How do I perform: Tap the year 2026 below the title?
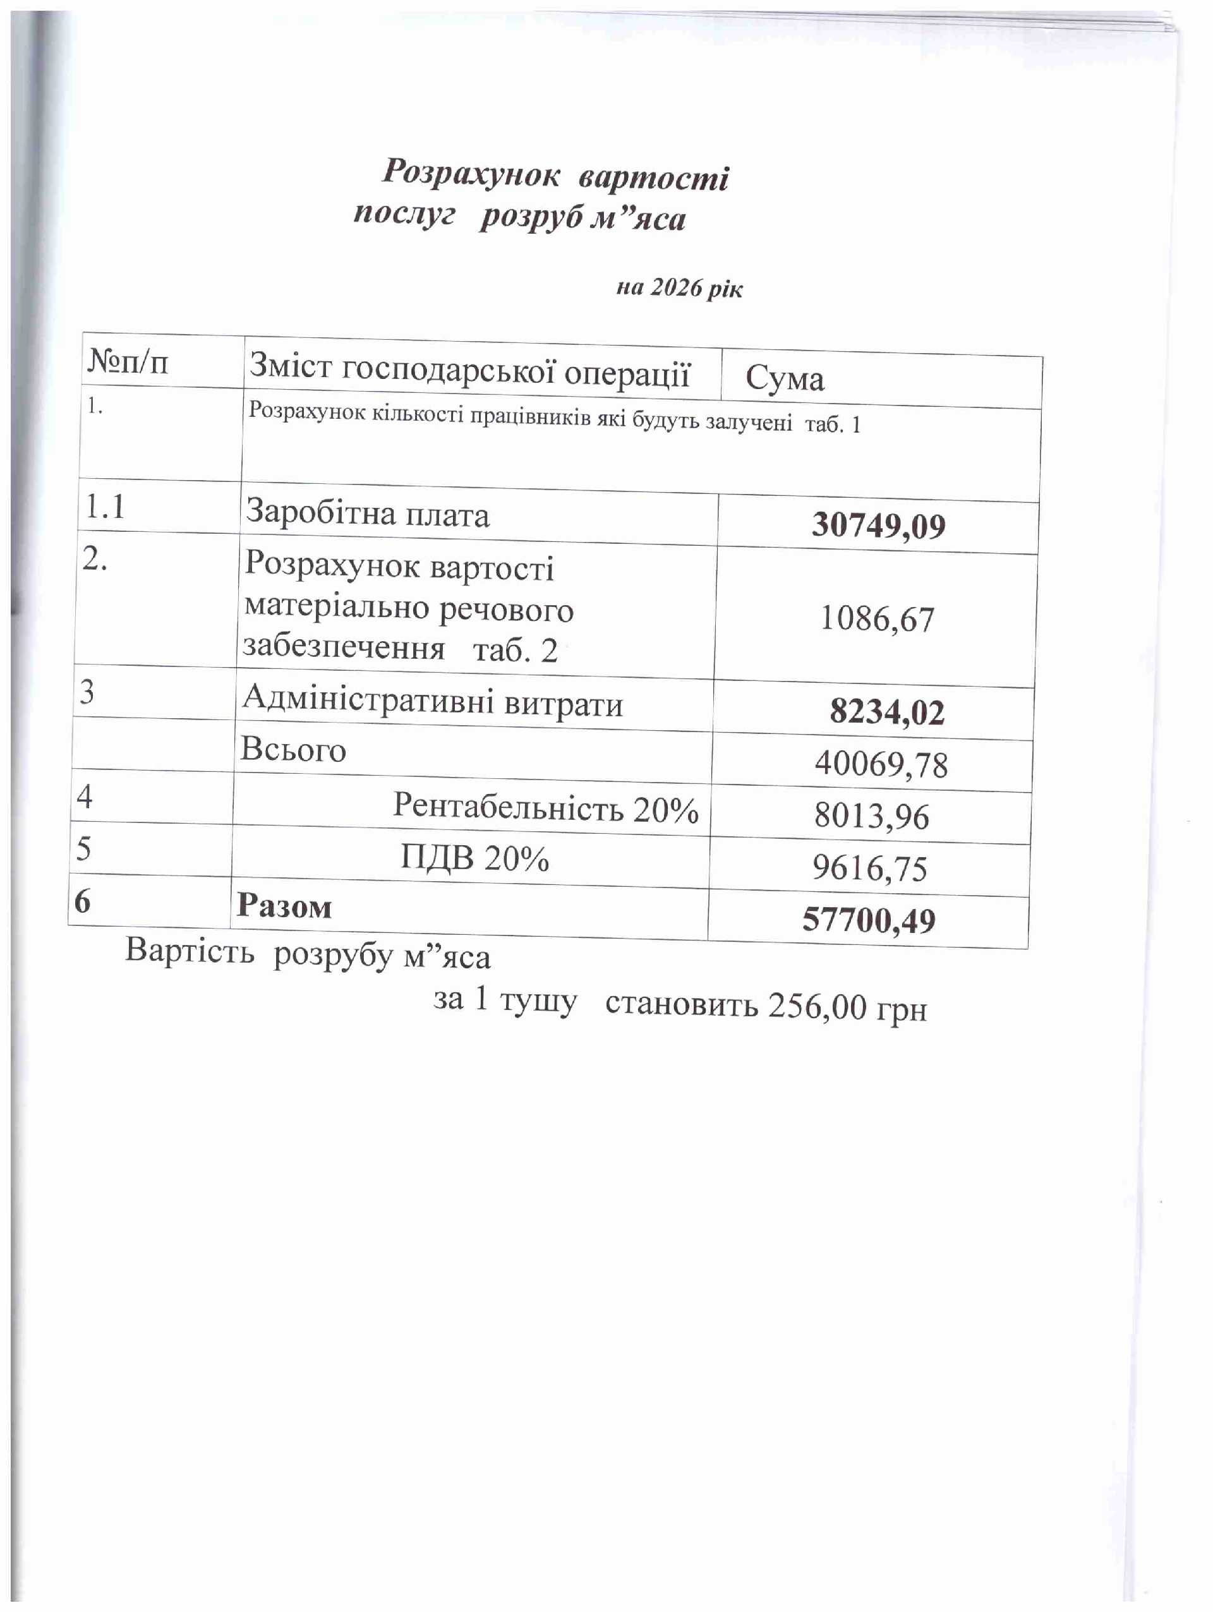click(675, 288)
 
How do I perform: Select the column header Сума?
click(785, 378)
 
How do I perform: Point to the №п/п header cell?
click(128, 361)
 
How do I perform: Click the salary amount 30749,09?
click(878, 526)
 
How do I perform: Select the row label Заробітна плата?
click(368, 513)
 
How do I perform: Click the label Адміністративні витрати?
click(432, 702)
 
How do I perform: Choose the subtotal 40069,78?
click(881, 764)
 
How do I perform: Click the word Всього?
click(293, 750)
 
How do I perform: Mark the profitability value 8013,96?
click(871, 816)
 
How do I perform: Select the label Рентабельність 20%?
click(545, 807)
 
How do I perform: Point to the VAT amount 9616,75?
click(870, 869)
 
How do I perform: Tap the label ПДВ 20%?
click(474, 858)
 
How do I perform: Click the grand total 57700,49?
click(868, 920)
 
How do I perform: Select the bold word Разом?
click(284, 907)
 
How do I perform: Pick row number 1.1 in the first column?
click(106, 507)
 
